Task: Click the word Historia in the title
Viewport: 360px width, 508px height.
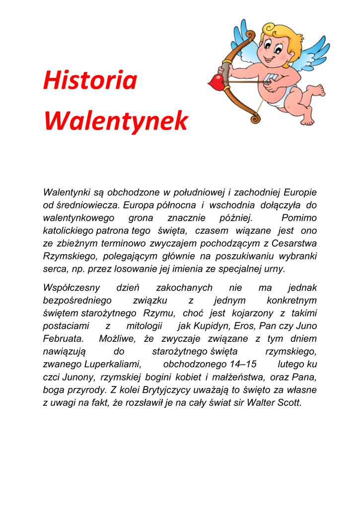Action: point(90,81)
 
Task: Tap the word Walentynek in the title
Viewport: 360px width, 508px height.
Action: point(116,121)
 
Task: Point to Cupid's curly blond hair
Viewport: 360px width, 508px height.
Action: point(283,35)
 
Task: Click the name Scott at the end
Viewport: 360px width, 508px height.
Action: point(288,402)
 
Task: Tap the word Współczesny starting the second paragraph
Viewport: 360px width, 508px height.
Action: point(72,288)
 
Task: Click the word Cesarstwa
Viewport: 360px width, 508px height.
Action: point(294,243)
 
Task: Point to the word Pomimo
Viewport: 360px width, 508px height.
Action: point(299,218)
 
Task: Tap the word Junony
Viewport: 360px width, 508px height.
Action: point(79,377)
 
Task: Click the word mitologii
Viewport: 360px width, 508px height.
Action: point(144,326)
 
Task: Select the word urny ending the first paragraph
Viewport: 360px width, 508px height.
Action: point(276,269)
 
